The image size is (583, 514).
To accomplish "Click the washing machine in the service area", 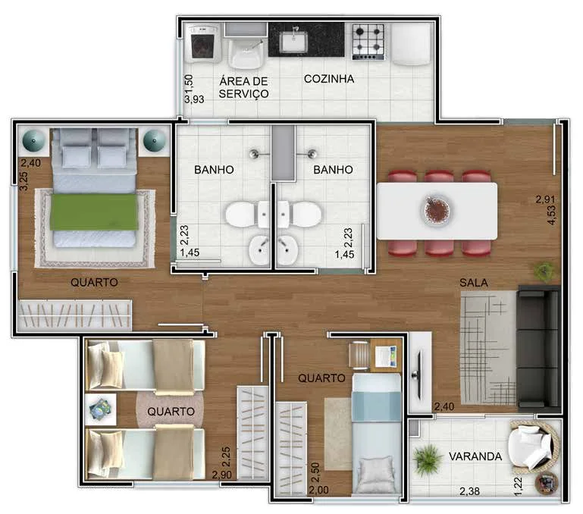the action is pos(202,43).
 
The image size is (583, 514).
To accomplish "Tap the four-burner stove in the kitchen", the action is pos(368,42).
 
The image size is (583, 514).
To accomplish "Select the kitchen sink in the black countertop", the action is pos(293,41).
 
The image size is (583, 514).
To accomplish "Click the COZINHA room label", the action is pos(329,79).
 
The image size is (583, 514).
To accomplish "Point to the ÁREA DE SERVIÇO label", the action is pos(243,87).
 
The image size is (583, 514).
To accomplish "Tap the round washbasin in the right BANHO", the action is pos(287,249).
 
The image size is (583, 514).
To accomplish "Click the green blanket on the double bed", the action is pos(94,212).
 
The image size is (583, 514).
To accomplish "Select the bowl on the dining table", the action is pos(437,209).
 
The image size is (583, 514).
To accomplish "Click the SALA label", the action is pos(474,283).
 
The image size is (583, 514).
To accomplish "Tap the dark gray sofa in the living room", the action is pos(538,349).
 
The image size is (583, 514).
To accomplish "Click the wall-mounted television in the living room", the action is pos(418,375).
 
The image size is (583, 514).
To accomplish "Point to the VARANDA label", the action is pos(475,456).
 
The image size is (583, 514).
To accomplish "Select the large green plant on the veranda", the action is pos(428,459).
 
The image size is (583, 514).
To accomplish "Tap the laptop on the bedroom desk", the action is pos(386,356).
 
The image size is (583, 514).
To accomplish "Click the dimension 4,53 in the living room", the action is pos(551,215).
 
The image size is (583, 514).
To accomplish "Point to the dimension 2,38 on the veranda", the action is pos(469,491).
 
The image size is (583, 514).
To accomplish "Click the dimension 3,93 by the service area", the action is pos(194,99).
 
